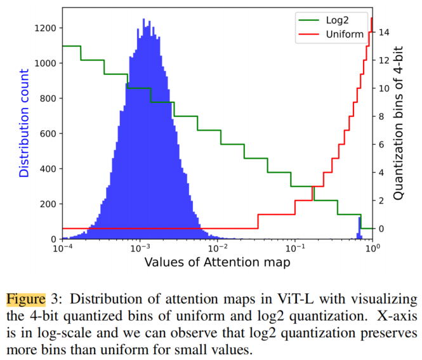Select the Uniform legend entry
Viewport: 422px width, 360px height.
click(x=331, y=34)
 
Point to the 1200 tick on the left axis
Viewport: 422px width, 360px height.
click(x=45, y=28)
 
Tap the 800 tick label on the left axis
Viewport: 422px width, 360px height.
click(x=48, y=98)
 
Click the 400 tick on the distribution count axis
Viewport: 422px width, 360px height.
click(x=48, y=169)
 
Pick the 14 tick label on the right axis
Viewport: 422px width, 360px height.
click(x=384, y=32)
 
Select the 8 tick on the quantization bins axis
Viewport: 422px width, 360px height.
click(x=381, y=117)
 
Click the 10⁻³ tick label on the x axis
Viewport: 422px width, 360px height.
click(x=140, y=248)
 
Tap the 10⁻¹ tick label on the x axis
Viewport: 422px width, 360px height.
click(x=295, y=248)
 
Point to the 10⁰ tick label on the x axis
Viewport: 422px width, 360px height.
click(x=373, y=248)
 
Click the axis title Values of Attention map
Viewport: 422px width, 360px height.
click(x=218, y=262)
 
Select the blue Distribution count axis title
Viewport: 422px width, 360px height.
click(x=24, y=123)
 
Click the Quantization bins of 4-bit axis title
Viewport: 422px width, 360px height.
click(x=398, y=123)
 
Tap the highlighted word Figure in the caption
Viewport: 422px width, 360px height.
click(x=26, y=299)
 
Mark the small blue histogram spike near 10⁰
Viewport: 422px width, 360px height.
click(x=359, y=228)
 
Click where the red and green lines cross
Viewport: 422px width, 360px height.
click(x=313, y=186)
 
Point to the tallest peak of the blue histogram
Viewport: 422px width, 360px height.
click(x=143, y=19)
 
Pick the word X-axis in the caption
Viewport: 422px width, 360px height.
click(x=397, y=316)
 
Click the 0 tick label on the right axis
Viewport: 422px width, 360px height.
click(x=381, y=229)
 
